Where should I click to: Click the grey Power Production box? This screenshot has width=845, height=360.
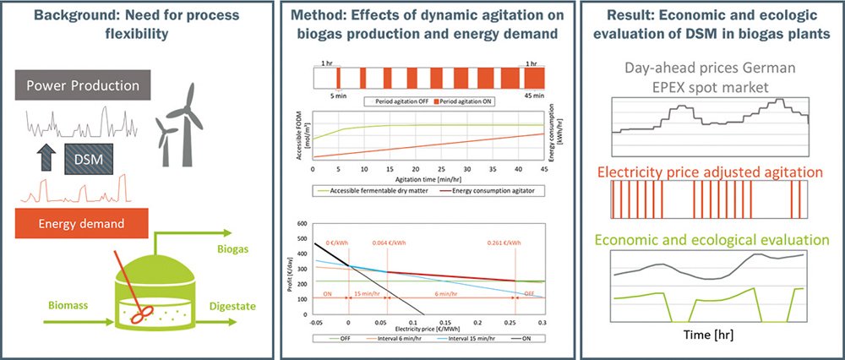pyautogui.click(x=82, y=85)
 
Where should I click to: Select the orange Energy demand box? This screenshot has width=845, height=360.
pyautogui.click(x=82, y=223)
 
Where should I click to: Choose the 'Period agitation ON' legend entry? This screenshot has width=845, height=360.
pyautogui.click(x=464, y=101)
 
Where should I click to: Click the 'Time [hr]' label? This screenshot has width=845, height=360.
pyautogui.click(x=708, y=334)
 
